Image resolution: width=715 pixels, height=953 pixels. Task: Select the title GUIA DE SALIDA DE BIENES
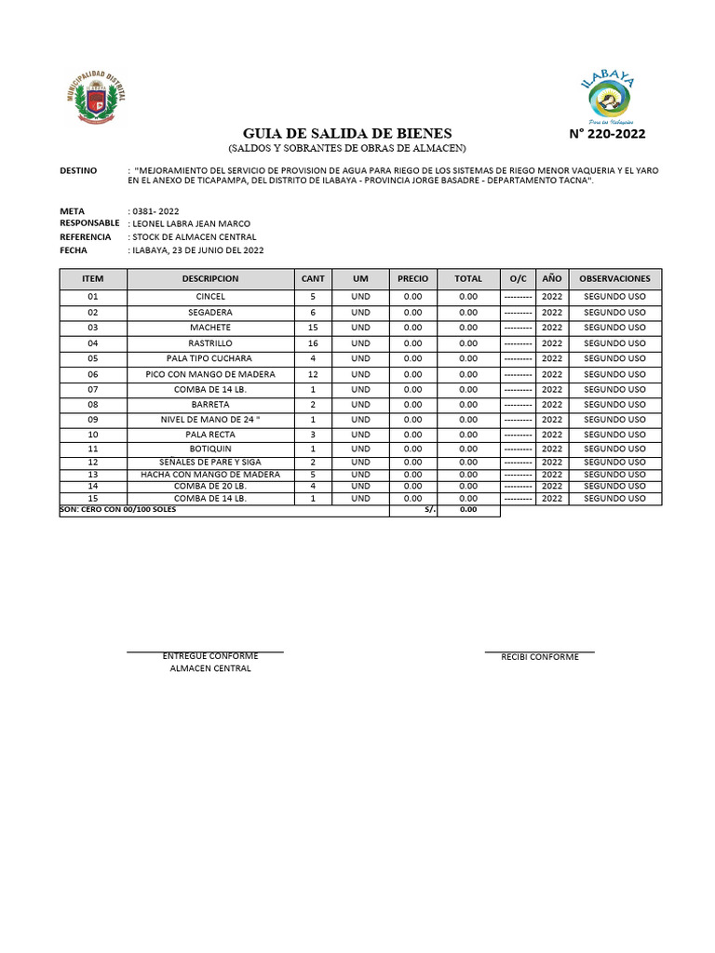(347, 133)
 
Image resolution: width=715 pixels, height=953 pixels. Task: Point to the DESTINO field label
(78, 170)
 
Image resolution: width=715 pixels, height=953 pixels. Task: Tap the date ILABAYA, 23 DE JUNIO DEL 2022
(196, 250)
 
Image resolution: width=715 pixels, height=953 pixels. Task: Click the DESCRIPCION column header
(210, 278)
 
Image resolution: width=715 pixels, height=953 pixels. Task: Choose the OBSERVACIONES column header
(614, 278)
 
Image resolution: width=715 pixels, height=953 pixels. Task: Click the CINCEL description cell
(210, 297)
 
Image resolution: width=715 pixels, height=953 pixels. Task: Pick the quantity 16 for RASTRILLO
(313, 343)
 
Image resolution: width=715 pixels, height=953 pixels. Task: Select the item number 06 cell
(92, 374)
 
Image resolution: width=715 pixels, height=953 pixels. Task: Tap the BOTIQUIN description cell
(210, 450)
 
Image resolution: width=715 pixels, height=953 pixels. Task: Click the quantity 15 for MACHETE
(313, 328)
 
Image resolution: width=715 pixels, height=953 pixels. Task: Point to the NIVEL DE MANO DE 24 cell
(210, 420)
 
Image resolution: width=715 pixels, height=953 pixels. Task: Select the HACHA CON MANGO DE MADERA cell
(210, 474)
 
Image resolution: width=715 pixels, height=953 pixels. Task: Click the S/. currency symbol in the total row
(429, 510)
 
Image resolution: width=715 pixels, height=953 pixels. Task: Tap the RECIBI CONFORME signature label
(540, 657)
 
